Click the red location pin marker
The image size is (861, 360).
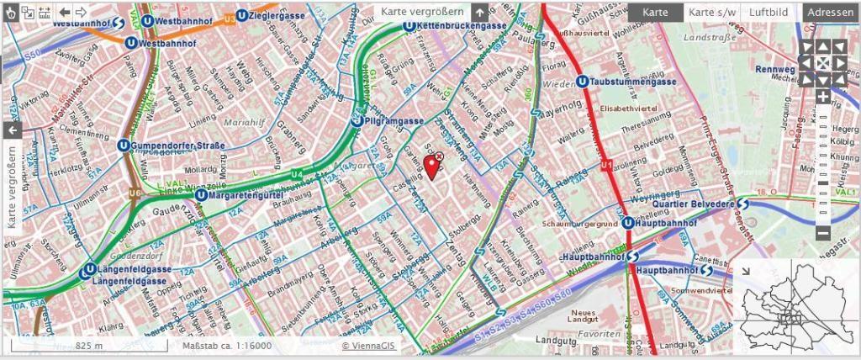click(432, 167)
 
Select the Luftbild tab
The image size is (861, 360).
click(769, 13)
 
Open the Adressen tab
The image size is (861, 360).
click(830, 13)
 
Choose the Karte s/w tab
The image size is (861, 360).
click(712, 13)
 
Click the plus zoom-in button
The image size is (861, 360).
click(822, 97)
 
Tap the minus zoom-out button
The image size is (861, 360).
click(822, 233)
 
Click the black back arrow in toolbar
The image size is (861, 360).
click(65, 12)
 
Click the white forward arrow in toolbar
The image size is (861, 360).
click(81, 12)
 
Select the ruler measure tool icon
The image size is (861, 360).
click(45, 12)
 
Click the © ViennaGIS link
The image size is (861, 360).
click(369, 346)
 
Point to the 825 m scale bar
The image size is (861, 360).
click(87, 346)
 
